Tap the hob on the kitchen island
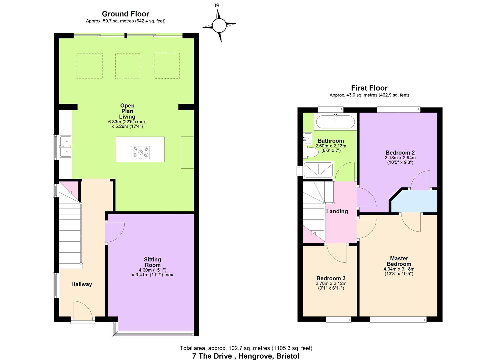(140, 152)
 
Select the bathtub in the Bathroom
(335, 121)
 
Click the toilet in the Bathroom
(310, 152)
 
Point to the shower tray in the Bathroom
(318, 170)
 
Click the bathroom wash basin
(307, 138)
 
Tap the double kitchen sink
(65, 147)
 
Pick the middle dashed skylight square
(128, 66)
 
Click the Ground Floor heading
(126, 14)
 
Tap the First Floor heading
(369, 88)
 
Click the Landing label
(337, 211)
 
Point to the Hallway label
(82, 284)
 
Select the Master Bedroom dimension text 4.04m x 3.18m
(399, 269)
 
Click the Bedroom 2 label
(400, 152)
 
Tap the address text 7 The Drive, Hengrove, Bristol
(246, 356)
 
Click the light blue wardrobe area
(414, 201)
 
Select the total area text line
(246, 348)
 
